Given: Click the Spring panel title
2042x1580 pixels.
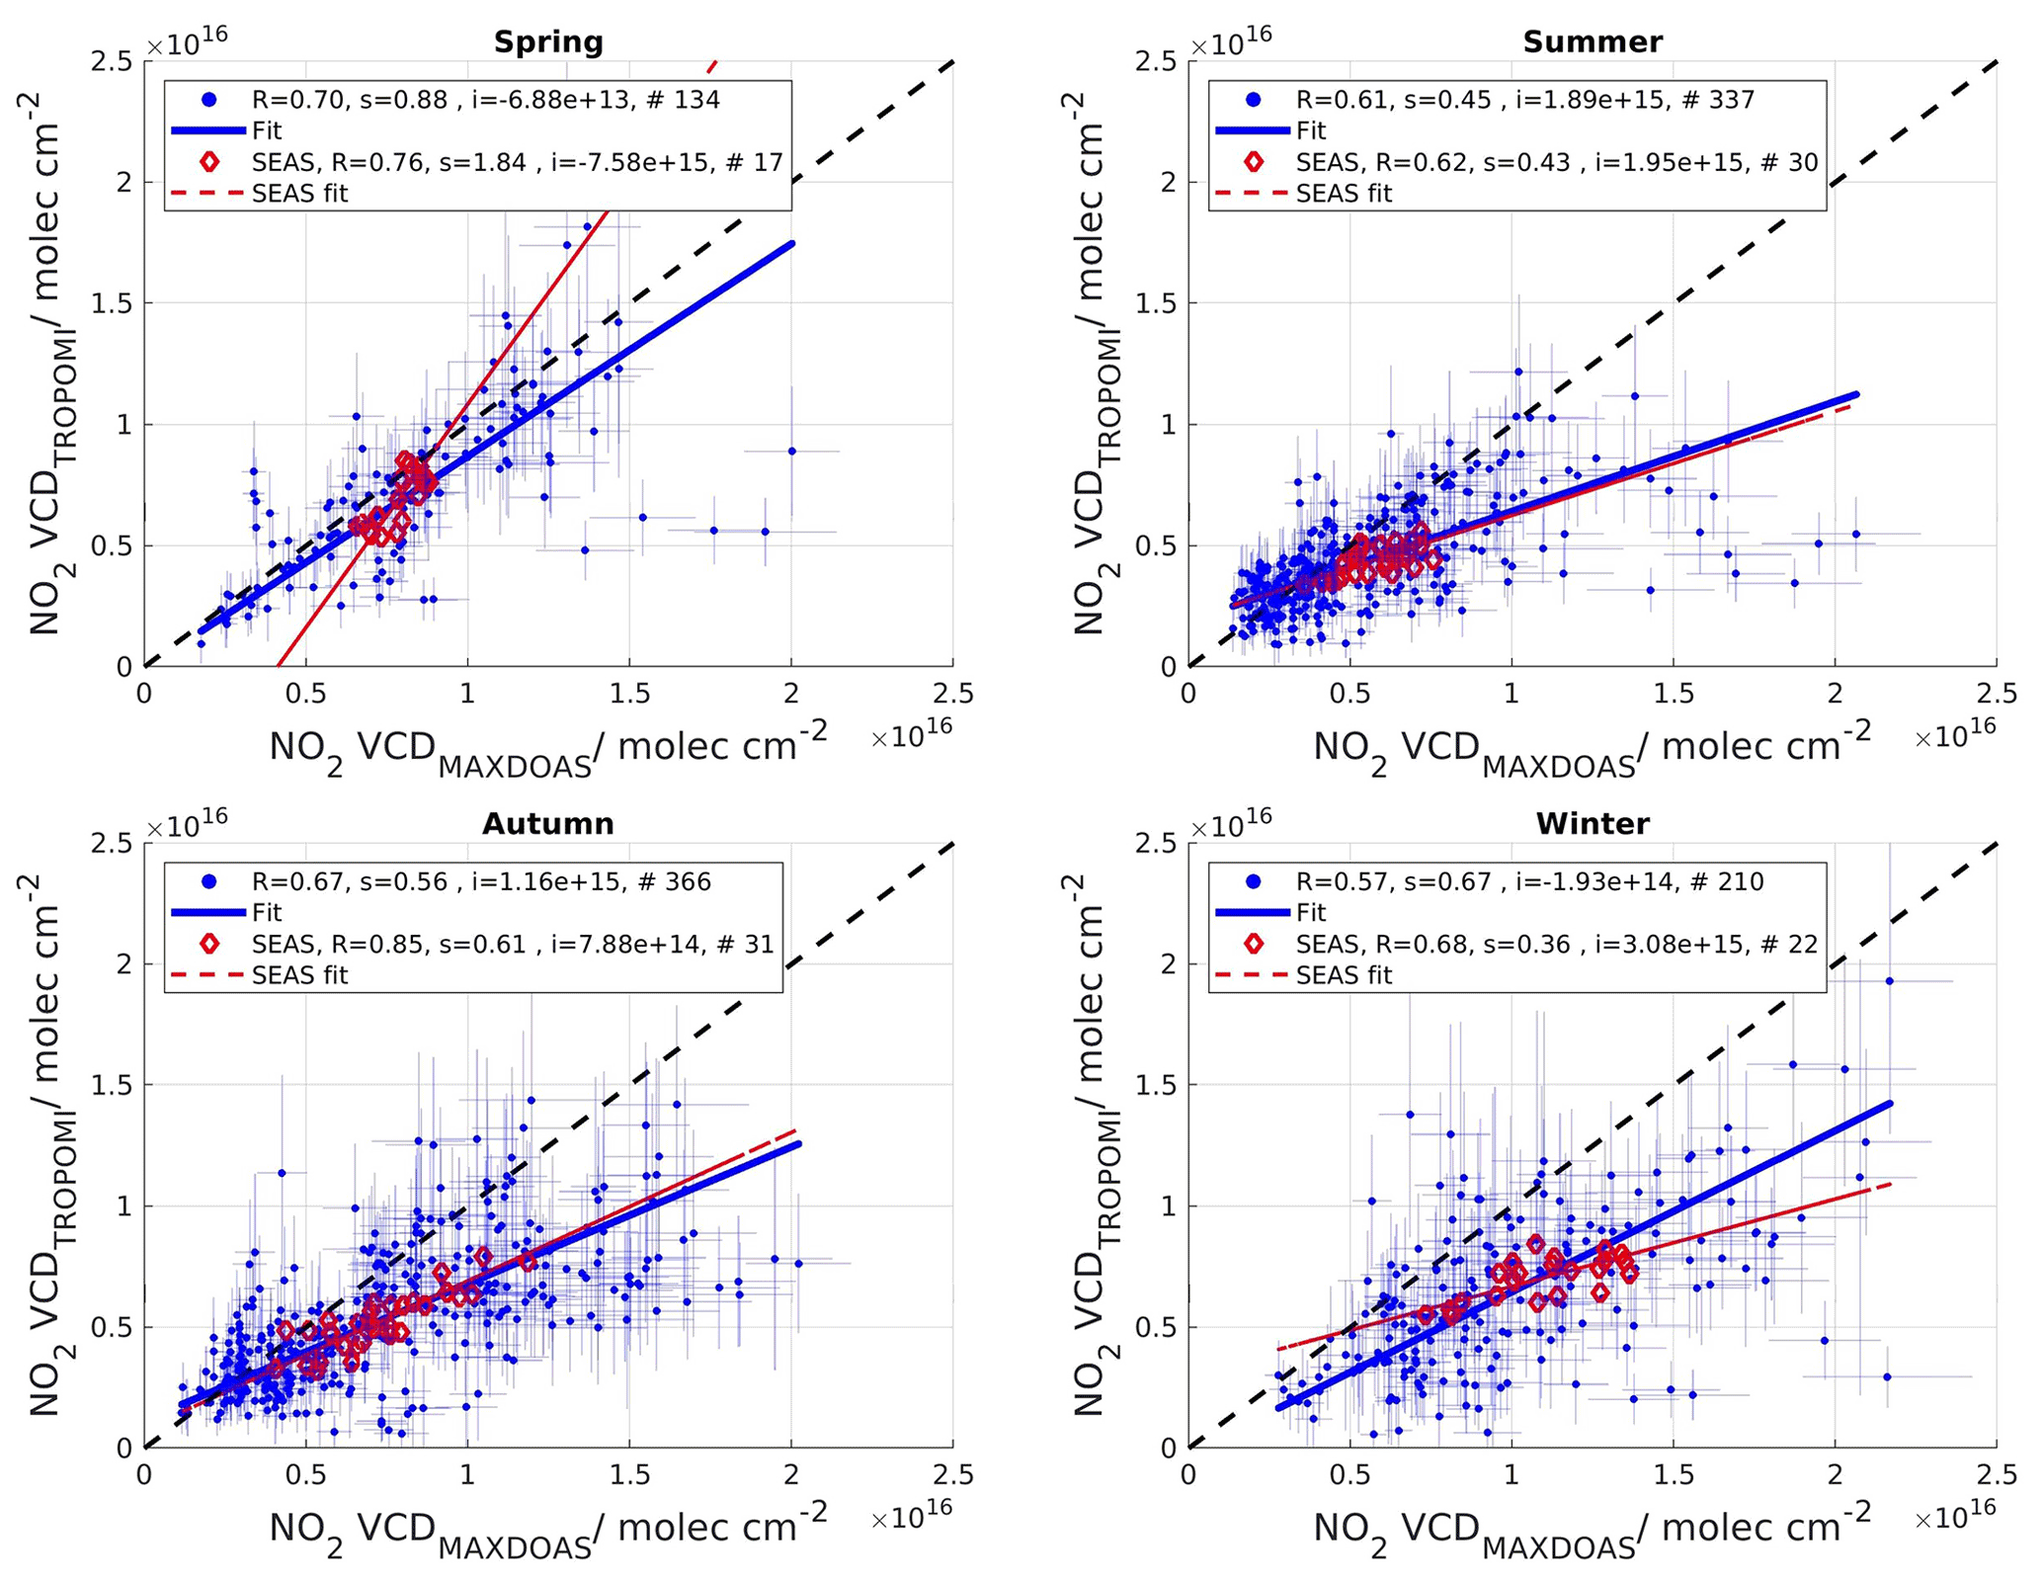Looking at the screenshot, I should click(x=547, y=42).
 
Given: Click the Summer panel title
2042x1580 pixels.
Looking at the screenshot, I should click(x=1592, y=42).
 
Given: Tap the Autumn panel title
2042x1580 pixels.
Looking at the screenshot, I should click(x=547, y=823).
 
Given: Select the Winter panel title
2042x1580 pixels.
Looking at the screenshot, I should click(x=1592, y=823).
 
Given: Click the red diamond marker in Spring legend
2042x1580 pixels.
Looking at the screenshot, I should click(x=208, y=161).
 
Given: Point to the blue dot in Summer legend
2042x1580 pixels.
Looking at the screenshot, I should click(x=1253, y=99).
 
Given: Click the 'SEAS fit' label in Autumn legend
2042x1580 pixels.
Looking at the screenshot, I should click(x=299, y=975).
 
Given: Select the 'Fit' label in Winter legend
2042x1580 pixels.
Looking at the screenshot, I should click(x=1311, y=912).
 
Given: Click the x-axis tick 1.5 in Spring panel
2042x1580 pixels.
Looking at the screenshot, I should click(x=629, y=694).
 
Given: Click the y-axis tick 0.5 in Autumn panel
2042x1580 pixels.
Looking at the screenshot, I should click(x=111, y=1327).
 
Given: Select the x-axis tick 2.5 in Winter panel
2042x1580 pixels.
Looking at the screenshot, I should click(x=1996, y=1475).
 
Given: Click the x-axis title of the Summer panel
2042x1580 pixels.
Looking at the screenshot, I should click(x=1592, y=748).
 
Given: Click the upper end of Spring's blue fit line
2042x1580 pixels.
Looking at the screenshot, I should click(x=791, y=243).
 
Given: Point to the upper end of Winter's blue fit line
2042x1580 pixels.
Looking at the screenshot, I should click(x=1890, y=1103).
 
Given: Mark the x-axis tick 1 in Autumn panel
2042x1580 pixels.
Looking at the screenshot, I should click(x=467, y=1475).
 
